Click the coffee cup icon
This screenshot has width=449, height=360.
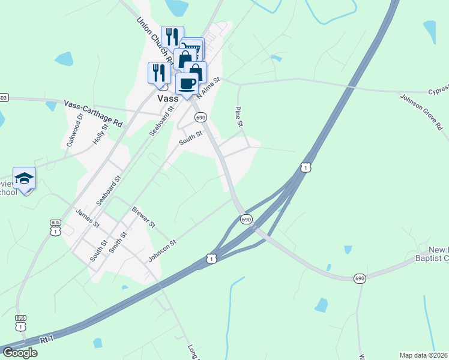pos(187,83)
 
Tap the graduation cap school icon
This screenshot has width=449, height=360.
pos(24,178)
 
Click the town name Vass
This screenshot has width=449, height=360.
pos(166,99)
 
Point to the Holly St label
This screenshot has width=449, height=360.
pos(99,134)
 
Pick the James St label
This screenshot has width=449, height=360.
pos(88,218)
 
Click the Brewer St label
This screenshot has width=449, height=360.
pos(143,217)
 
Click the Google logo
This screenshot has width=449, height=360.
pos(19,352)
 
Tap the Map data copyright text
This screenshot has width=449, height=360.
pos(423,355)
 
